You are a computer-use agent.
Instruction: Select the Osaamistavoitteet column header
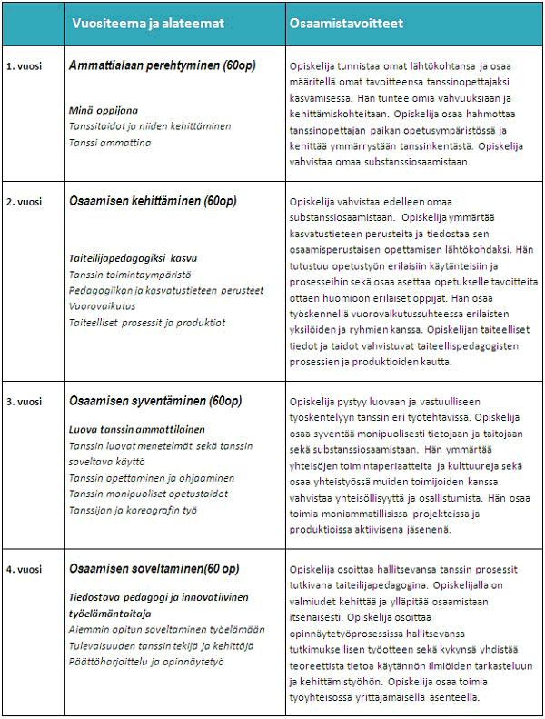point(346,23)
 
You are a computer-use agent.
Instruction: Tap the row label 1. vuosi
point(23,67)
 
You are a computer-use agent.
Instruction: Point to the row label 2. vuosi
point(23,199)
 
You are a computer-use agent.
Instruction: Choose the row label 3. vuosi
point(23,401)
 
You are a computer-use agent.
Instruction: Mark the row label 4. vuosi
point(23,569)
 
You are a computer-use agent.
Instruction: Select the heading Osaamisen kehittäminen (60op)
point(146,200)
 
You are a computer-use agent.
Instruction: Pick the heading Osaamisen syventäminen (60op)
point(155,401)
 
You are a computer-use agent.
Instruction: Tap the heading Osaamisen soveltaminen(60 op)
point(154,569)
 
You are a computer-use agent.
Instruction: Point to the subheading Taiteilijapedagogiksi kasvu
point(133,258)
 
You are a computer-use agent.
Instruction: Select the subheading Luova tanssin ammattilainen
point(136,429)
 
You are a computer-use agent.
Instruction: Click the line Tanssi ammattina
point(110,143)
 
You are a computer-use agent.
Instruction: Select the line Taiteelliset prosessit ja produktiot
point(147,323)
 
